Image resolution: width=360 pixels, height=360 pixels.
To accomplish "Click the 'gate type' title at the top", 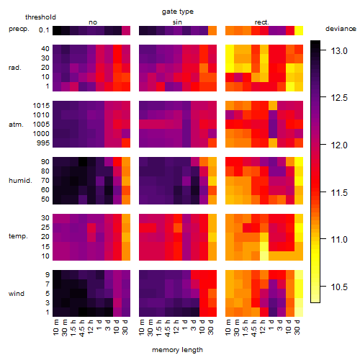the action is tap(178, 12).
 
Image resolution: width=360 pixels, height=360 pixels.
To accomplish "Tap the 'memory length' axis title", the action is tap(177, 350).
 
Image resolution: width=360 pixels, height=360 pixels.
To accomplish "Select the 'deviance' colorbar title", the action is tap(341, 29).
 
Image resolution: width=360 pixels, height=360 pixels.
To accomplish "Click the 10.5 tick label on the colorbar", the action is tap(339, 287).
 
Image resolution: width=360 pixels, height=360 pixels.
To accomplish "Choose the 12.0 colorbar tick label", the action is tap(339, 145).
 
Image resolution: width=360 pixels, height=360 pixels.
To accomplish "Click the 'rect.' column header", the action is tap(262, 22).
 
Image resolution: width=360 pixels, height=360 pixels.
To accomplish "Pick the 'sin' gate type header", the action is tap(177, 22).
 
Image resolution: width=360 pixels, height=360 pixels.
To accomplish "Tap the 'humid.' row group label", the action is tap(20, 181).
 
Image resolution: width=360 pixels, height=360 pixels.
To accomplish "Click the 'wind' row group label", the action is tap(17, 294).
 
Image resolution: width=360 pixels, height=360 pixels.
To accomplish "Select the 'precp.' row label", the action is tap(19, 30).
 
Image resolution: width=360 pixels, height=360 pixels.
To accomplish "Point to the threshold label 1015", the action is tap(41, 106).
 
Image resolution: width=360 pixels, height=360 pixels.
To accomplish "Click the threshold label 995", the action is tap(43, 143).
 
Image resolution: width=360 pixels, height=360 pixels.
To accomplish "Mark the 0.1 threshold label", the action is tap(44, 30).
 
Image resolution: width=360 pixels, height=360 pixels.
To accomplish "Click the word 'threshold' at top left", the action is tap(40, 17).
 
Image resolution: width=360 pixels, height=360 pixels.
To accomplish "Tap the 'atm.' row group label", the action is tap(16, 125).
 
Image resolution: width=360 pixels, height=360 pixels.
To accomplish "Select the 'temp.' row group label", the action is tap(18, 236).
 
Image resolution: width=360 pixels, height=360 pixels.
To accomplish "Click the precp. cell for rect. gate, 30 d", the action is tap(299, 30).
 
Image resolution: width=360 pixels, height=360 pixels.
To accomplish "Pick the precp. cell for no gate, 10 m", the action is tap(57, 30).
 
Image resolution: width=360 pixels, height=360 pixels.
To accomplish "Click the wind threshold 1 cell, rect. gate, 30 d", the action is tap(299, 312).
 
